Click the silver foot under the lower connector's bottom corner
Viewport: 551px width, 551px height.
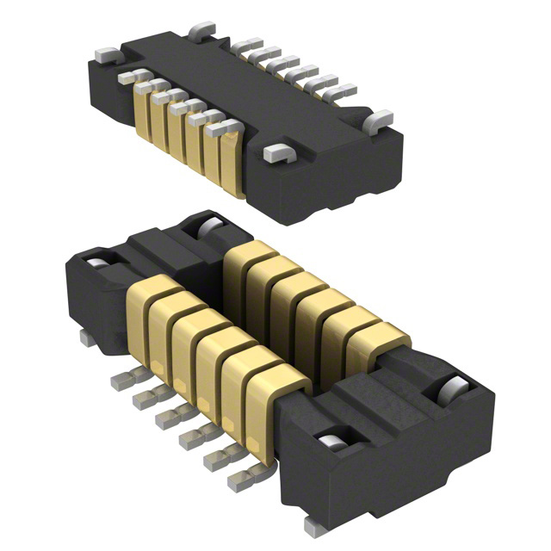click(313, 524)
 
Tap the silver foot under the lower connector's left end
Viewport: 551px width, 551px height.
click(87, 338)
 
